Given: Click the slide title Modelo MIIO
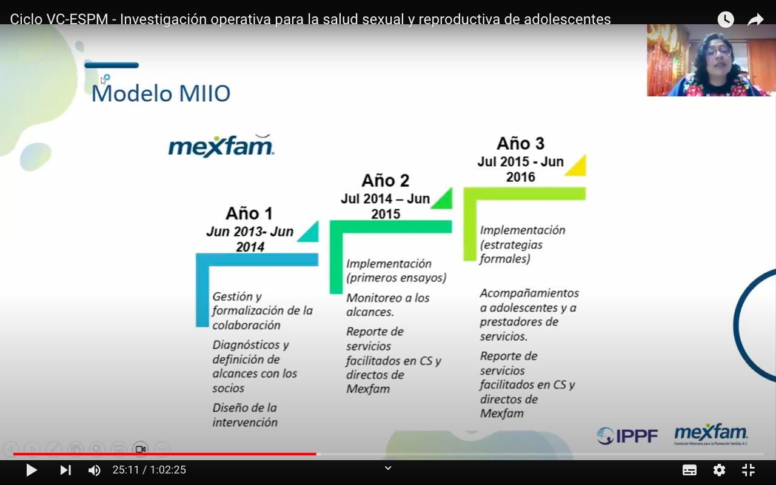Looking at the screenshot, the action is (x=161, y=93).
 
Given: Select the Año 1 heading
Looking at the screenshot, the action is (x=249, y=213).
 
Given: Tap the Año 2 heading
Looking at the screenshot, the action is (x=385, y=181).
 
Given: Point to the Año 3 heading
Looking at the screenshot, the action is (x=520, y=144).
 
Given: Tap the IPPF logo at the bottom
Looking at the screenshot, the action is (x=627, y=436).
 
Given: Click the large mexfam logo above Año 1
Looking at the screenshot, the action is (x=221, y=146).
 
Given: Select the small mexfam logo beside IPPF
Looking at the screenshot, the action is (x=711, y=434).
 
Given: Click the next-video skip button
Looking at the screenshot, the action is (x=65, y=470).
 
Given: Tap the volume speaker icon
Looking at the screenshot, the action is (x=94, y=470).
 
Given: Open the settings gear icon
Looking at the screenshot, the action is (x=719, y=470).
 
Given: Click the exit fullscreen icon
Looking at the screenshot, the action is (x=748, y=470).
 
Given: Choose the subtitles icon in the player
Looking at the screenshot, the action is (x=689, y=470).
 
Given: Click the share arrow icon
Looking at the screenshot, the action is (x=755, y=19).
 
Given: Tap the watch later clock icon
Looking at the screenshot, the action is (x=726, y=19).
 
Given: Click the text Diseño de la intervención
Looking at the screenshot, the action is (x=245, y=415).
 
